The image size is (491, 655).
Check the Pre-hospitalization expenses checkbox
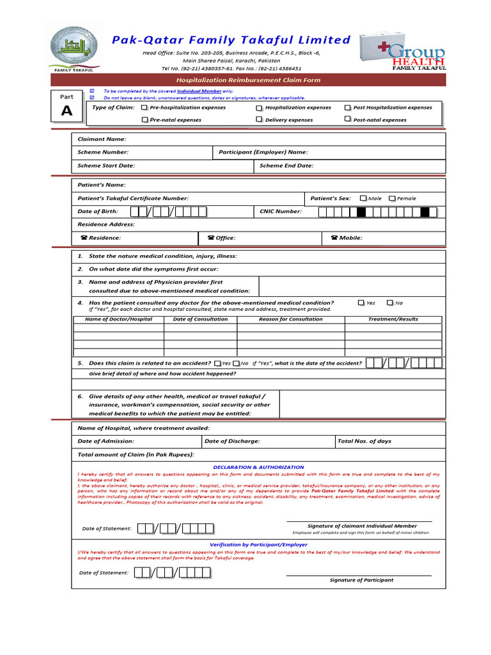pyautogui.click(x=144, y=108)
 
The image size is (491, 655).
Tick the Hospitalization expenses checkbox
pyautogui.click(x=259, y=108)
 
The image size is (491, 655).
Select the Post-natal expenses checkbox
pyautogui.click(x=348, y=119)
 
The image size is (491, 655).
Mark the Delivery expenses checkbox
pyautogui.click(x=259, y=120)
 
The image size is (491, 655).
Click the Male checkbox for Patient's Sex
pyautogui.click(x=363, y=198)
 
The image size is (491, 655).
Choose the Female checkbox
pyautogui.click(x=392, y=198)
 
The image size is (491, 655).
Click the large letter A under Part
pyautogui.click(x=67, y=111)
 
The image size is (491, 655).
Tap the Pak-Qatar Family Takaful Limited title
pyautogui.click(x=231, y=40)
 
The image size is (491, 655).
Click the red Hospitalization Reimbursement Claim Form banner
pyautogui.click(x=248, y=80)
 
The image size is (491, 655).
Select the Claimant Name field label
pyautogui.click(x=102, y=139)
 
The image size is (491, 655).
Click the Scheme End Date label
pyautogui.click(x=286, y=166)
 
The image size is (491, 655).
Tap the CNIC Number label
pyautogui.click(x=281, y=211)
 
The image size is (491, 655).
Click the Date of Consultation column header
pyautogui.click(x=200, y=319)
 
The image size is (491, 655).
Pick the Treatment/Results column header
pyautogui.click(x=393, y=319)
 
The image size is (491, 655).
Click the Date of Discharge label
pyautogui.click(x=232, y=441)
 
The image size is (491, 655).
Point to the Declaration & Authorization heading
pyautogui.click(x=258, y=468)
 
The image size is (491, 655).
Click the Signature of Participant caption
pyautogui.click(x=361, y=580)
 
